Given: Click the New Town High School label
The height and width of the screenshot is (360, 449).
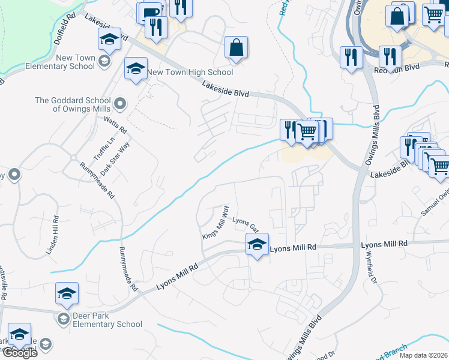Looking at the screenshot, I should pos(190,73).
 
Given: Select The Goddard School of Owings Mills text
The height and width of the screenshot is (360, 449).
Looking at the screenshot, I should pos(73,104).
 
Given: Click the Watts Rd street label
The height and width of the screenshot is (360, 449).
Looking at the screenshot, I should pos(115,126).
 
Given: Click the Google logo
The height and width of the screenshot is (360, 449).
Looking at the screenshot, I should pos(20,353).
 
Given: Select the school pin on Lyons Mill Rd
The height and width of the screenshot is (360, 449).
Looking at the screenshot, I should pos(257,244).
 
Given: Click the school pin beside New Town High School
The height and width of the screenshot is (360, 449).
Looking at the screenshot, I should pos(136,69).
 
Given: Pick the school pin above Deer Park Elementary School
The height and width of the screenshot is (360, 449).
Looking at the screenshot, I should pos(67,293).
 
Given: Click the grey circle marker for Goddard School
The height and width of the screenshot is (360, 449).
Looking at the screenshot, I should pos(119,104).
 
